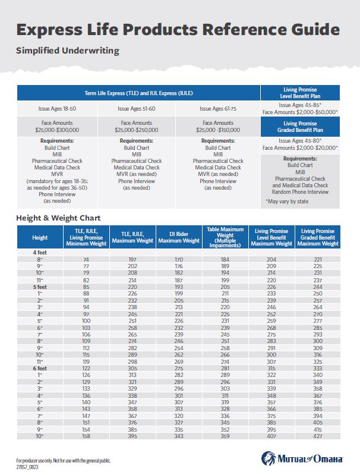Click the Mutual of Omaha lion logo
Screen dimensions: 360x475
point(269,458)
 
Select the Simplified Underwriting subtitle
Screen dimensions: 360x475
point(68,51)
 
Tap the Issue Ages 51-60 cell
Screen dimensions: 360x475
point(136,108)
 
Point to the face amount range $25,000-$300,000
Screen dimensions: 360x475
point(57,130)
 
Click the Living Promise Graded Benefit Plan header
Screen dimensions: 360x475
point(300,127)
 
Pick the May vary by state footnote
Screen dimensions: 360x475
point(287,202)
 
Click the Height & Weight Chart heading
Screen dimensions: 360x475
point(58,218)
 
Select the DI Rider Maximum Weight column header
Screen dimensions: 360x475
point(179,237)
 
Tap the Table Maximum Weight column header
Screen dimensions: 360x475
point(225,237)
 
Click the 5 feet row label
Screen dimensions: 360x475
point(40,287)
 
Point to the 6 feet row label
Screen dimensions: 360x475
point(40,369)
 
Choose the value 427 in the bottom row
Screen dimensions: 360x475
point(318,436)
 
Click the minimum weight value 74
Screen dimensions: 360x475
point(86,260)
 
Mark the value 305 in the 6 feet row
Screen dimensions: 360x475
point(132,369)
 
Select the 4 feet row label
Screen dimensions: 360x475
point(40,252)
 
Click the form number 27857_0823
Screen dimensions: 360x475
point(27,467)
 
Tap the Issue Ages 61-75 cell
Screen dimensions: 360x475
point(218,108)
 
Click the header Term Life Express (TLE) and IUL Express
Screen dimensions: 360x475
point(138,93)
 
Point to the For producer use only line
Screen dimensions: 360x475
point(64,461)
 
